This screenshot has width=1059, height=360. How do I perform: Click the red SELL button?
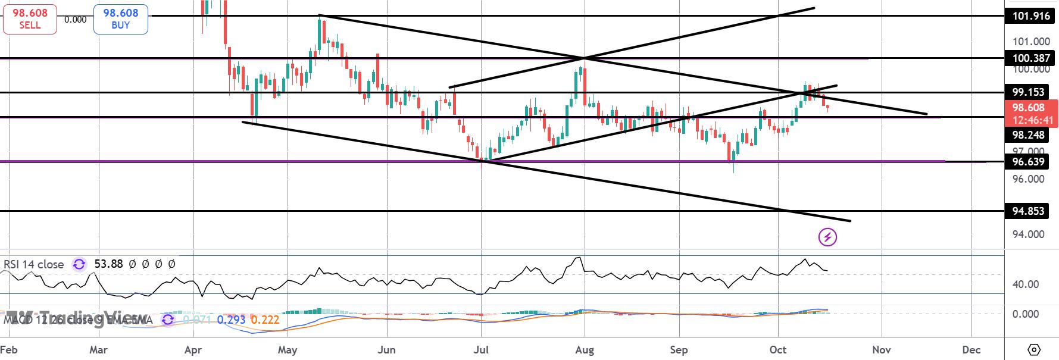pos(30,19)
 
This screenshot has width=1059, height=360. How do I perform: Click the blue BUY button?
pos(120,19)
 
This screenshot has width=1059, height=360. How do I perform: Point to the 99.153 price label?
pos(1027,92)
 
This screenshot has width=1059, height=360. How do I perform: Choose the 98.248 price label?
pos(1027,135)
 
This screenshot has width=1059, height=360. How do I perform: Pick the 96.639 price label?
pos(1027,161)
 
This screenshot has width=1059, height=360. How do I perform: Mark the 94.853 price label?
pos(1027,211)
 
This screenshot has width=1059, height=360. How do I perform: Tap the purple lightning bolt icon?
pos(827,237)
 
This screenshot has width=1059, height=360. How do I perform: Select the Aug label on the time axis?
pos(585,349)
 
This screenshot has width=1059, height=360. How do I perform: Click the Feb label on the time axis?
pos(8,349)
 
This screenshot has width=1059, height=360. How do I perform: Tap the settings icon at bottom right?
pos(1034,349)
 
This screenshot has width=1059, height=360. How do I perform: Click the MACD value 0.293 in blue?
pos(232,320)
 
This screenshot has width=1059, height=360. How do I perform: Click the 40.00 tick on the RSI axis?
pos(1026,284)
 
